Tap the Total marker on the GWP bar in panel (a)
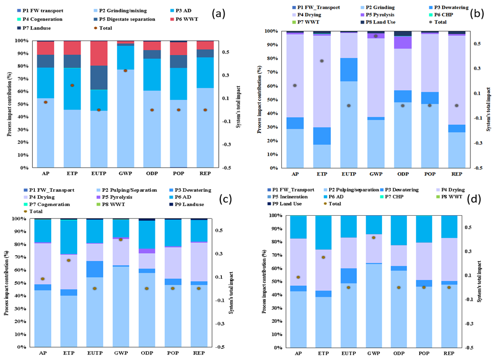pyautogui.click(x=125, y=70)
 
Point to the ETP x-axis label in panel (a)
pyautogui.click(x=72, y=175)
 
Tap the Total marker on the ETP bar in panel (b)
pyautogui.click(x=322, y=61)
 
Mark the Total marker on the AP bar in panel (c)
pyautogui.click(x=42, y=279)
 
